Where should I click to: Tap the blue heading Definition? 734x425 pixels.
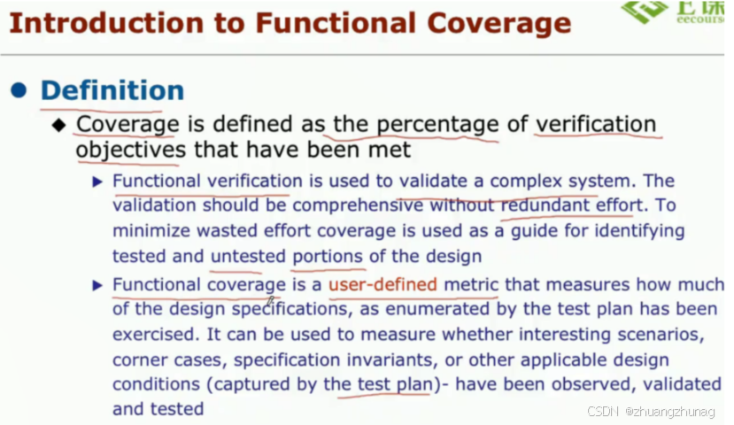(112, 90)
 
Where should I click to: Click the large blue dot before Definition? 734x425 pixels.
(19, 90)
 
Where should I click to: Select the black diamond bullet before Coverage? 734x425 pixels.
(59, 125)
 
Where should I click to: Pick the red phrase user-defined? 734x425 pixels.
(382, 285)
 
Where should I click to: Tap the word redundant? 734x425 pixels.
(543, 205)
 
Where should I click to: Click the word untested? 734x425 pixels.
(248, 257)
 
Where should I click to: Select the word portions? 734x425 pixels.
(328, 257)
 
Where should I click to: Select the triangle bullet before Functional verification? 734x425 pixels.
(98, 182)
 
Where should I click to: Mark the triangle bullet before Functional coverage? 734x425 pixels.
(98, 285)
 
